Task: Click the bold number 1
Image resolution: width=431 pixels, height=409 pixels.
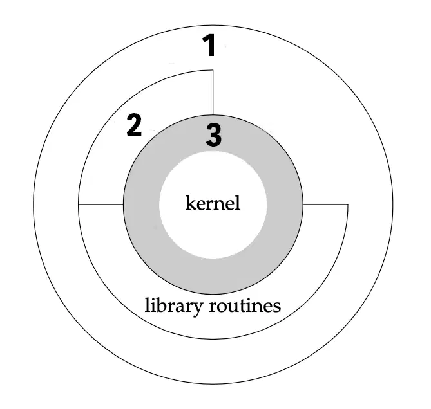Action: (x=209, y=45)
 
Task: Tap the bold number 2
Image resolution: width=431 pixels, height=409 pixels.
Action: (x=134, y=125)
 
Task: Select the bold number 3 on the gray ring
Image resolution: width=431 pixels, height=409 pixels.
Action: (x=214, y=135)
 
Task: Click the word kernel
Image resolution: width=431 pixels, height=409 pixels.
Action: (x=213, y=203)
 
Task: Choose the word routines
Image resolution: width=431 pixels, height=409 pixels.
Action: (x=245, y=305)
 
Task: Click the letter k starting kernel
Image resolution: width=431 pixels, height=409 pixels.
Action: (x=191, y=203)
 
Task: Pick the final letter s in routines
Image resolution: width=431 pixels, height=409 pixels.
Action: (x=277, y=307)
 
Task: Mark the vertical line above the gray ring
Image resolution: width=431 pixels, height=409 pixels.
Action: (x=213, y=93)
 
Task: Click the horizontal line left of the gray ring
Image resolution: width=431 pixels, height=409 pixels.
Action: (x=101, y=204)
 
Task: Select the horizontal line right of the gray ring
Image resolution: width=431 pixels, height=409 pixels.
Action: (x=325, y=204)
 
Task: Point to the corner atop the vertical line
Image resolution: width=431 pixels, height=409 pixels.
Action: (x=213, y=70)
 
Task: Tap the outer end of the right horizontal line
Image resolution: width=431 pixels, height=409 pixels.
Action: (x=348, y=204)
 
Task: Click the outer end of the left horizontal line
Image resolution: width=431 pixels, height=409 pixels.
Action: (x=79, y=204)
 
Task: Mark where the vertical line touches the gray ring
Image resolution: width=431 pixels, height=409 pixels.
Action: (x=213, y=114)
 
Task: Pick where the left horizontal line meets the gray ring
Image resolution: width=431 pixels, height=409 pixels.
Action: (x=124, y=204)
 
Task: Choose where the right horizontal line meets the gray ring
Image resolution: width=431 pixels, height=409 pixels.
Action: (x=303, y=204)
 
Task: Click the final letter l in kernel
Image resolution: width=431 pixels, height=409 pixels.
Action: (x=238, y=203)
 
